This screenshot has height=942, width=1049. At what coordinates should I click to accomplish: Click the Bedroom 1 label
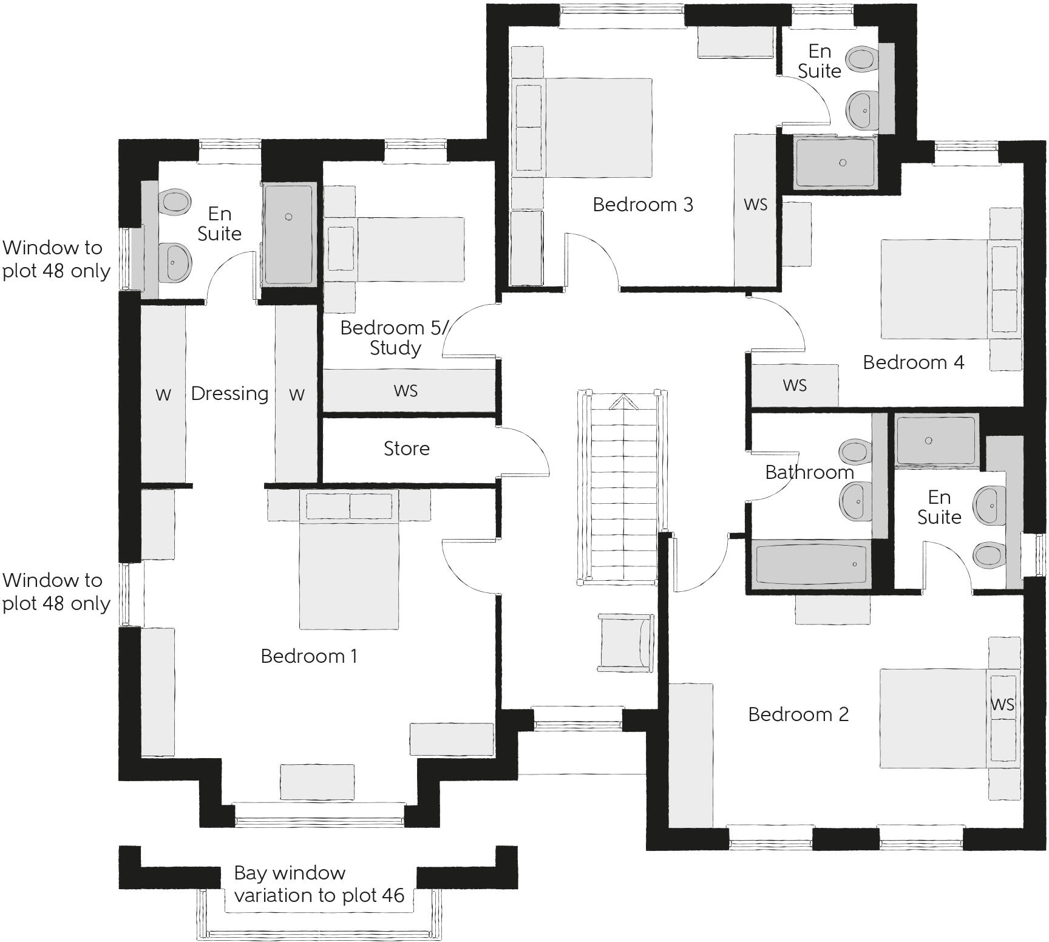[308, 656]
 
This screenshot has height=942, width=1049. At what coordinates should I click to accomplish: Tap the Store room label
[406, 449]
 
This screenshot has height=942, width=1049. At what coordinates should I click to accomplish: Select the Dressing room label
[229, 394]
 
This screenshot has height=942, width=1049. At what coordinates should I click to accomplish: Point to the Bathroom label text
[809, 472]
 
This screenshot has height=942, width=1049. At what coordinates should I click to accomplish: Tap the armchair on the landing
[625, 642]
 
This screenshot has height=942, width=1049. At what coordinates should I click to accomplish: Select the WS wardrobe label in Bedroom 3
[755, 205]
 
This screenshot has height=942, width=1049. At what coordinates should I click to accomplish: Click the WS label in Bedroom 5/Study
[406, 390]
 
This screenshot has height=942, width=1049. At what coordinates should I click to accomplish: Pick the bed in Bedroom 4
[947, 289]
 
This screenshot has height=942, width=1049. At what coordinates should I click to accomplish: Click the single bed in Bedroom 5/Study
[395, 249]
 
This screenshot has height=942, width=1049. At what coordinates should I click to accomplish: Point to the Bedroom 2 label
[798, 714]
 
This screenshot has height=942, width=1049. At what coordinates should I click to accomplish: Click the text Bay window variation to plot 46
[319, 884]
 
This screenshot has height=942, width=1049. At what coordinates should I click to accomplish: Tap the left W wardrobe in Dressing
[163, 395]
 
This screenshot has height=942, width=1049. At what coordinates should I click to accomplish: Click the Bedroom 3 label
[642, 205]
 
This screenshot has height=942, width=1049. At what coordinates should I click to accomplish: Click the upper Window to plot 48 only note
[56, 259]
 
